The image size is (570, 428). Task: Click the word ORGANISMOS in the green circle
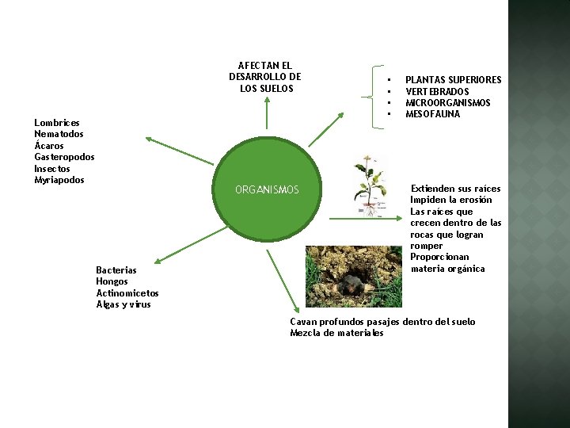pos(267,190)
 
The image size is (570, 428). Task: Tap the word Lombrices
pos(57,123)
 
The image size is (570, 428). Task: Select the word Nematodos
pos(59,134)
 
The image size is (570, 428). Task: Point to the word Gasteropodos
pos(64,157)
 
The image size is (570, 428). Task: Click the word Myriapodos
pos(59,180)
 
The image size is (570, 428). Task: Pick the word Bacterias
pos(116,270)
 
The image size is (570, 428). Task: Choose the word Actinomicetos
pos(127,293)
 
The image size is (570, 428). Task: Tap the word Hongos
pos(112,281)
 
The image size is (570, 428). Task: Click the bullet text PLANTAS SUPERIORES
pos(453,80)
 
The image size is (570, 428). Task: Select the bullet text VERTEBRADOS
pos(437,92)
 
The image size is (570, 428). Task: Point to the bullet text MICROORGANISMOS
pos(447,103)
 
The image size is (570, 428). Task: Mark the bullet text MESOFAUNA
pos(432,114)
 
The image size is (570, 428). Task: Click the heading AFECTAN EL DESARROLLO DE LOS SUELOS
pos(264,77)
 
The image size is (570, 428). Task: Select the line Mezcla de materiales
pos(336,333)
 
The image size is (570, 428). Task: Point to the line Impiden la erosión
pos(450,201)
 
